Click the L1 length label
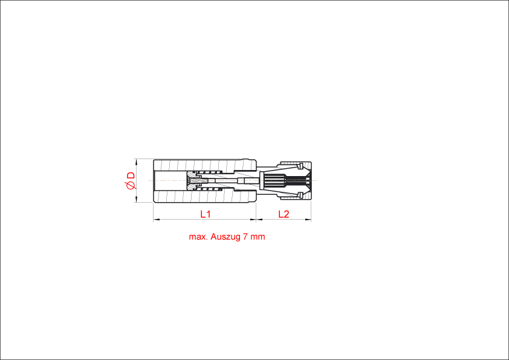tap(206, 214)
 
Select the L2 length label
tap(284, 214)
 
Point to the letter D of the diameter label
tap(131, 175)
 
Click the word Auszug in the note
tap(224, 237)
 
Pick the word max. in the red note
tap(198, 237)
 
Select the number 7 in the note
tap(245, 237)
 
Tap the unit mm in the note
tap(258, 237)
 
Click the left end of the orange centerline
tap(149, 180)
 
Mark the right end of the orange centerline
tap(317, 180)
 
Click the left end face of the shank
tap(154, 180)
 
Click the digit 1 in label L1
tap(209, 214)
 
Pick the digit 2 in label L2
tap(287, 214)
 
